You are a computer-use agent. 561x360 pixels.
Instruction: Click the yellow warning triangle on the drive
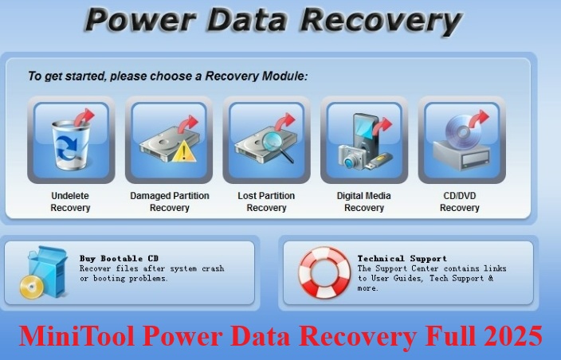click(x=184, y=151)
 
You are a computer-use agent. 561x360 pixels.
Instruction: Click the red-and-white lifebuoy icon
click(x=324, y=272)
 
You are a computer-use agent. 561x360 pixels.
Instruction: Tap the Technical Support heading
click(x=402, y=258)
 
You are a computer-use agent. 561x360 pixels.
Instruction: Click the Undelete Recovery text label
click(x=70, y=202)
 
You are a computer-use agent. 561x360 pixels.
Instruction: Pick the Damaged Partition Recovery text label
click(x=169, y=202)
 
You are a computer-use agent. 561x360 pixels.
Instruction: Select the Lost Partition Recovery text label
click(x=266, y=202)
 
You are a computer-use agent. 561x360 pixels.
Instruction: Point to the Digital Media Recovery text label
click(x=364, y=202)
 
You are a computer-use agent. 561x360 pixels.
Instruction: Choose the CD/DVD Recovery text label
click(x=460, y=202)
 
